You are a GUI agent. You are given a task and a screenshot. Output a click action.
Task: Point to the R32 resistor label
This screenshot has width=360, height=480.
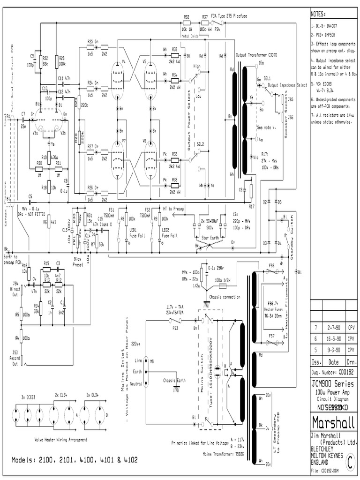(x=186, y=17)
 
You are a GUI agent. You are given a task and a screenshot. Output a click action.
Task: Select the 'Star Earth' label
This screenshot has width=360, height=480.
(x=210, y=238)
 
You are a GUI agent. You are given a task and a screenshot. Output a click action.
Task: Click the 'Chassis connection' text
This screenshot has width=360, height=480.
(x=225, y=297)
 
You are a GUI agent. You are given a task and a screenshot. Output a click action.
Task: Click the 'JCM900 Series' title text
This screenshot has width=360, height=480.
(x=332, y=384)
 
